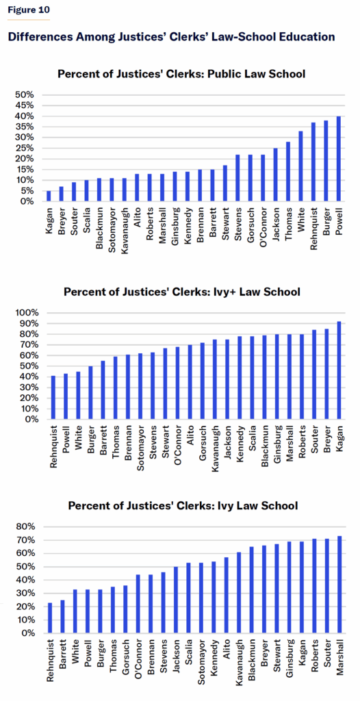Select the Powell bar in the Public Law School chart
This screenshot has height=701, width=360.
pos(339,159)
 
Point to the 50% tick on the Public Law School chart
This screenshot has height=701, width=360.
pos(25,94)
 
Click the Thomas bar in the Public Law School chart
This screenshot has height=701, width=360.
pos(288,172)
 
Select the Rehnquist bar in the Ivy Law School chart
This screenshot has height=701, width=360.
pos(50,618)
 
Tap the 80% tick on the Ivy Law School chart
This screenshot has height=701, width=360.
pos(25,526)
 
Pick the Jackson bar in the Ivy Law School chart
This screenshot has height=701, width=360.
pos(176,600)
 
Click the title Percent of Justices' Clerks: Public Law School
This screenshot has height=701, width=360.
pos(181,74)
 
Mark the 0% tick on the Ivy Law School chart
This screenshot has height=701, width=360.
pos(28,633)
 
